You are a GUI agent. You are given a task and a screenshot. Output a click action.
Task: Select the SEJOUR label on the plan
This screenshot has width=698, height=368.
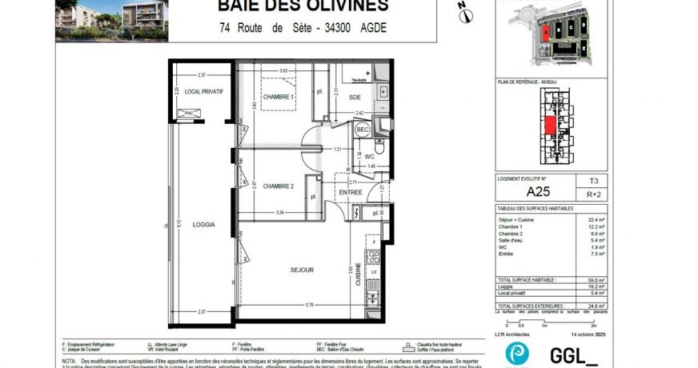(302, 270)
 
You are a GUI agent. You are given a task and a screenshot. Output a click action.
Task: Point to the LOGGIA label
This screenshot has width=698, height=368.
(203, 225)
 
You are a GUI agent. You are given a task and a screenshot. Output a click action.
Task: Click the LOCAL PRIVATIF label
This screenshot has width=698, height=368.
(203, 91)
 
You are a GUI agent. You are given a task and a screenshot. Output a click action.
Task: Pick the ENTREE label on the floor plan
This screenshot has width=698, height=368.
(351, 192)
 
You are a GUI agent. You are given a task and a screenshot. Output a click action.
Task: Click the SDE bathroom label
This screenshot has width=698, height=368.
(355, 98)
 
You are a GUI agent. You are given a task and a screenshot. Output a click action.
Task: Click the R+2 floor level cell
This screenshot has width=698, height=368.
(594, 194)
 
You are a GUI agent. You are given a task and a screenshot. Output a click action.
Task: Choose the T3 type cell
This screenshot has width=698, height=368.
(594, 182)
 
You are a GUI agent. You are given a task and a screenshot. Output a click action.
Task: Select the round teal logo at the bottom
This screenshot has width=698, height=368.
(516, 354)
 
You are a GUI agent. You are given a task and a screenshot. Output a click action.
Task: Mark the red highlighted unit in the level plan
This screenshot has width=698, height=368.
(550, 126)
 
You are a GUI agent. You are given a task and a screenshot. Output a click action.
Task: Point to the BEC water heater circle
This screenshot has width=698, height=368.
(363, 129)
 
